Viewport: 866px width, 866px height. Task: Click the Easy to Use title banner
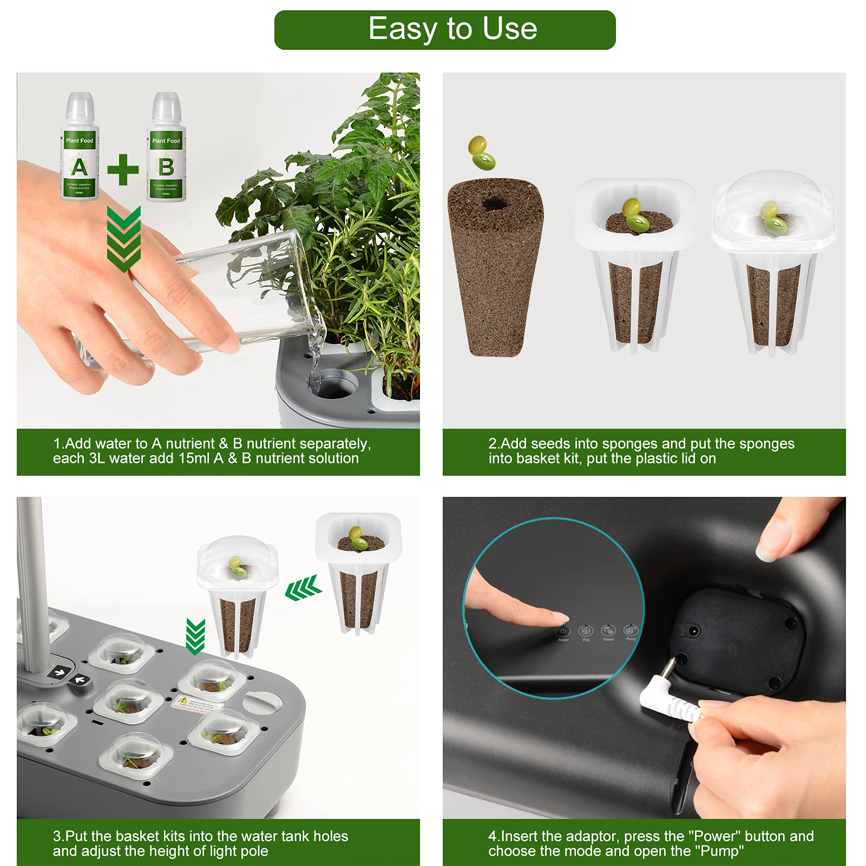point(444,30)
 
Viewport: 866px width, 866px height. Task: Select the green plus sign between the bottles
point(123,169)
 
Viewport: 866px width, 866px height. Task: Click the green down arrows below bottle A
point(124,238)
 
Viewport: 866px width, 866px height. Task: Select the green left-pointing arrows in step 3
point(303,588)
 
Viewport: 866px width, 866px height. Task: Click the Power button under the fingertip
point(563,631)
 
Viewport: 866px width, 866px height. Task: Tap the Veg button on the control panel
point(586,631)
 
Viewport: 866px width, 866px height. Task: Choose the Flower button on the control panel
point(608,631)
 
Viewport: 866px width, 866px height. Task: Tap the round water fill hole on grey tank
point(262,702)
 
